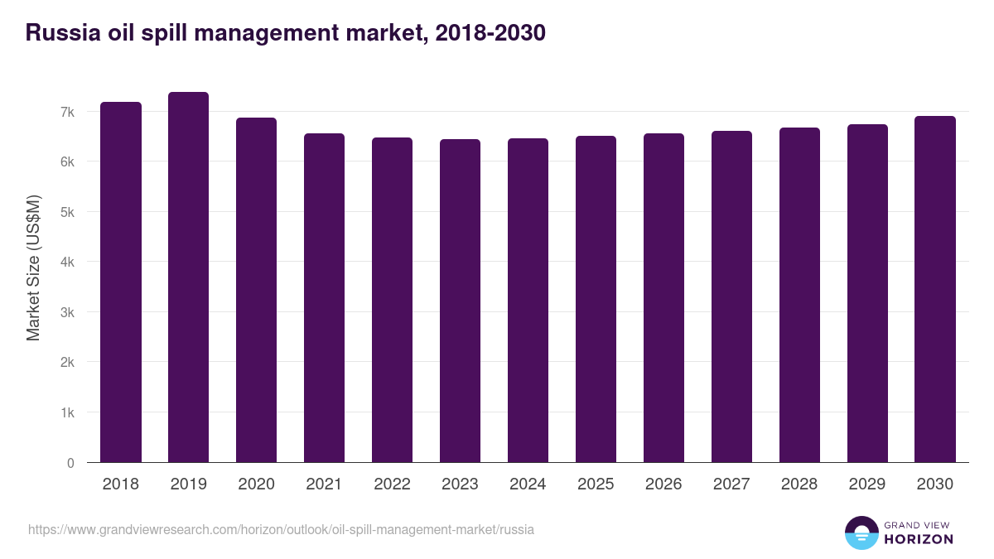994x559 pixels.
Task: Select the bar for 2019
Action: (x=188, y=277)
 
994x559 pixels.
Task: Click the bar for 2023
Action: (x=460, y=301)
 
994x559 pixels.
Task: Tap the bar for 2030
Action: (x=934, y=289)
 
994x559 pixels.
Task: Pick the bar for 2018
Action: (x=121, y=282)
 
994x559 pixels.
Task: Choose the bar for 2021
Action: (x=324, y=298)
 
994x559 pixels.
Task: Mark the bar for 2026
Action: (x=663, y=298)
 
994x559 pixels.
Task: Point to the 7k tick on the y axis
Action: (x=67, y=112)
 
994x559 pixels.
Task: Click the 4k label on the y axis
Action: (x=67, y=263)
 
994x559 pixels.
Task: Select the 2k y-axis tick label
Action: (x=67, y=363)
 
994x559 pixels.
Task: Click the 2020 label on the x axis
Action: (x=256, y=484)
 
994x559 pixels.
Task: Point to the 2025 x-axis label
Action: (x=596, y=484)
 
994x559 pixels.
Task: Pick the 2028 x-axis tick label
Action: (x=799, y=484)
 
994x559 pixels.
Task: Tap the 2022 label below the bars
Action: (x=392, y=484)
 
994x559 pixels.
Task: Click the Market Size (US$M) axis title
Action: (x=33, y=268)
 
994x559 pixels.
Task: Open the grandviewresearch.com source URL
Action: (x=281, y=529)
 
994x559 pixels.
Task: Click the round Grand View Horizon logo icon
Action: (x=861, y=532)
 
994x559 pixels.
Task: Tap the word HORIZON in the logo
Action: (x=919, y=539)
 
